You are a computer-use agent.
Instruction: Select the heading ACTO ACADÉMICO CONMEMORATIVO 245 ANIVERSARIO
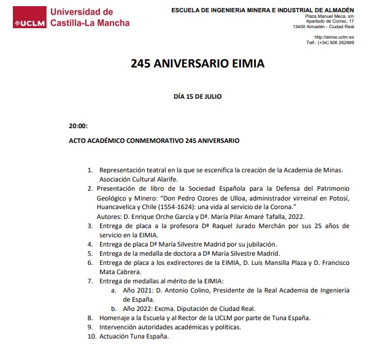(153, 140)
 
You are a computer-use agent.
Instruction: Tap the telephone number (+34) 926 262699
(335, 43)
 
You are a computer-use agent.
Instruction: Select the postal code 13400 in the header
(300, 26)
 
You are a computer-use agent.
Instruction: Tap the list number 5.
(90, 253)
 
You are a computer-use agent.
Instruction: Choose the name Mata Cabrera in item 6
(120, 272)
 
